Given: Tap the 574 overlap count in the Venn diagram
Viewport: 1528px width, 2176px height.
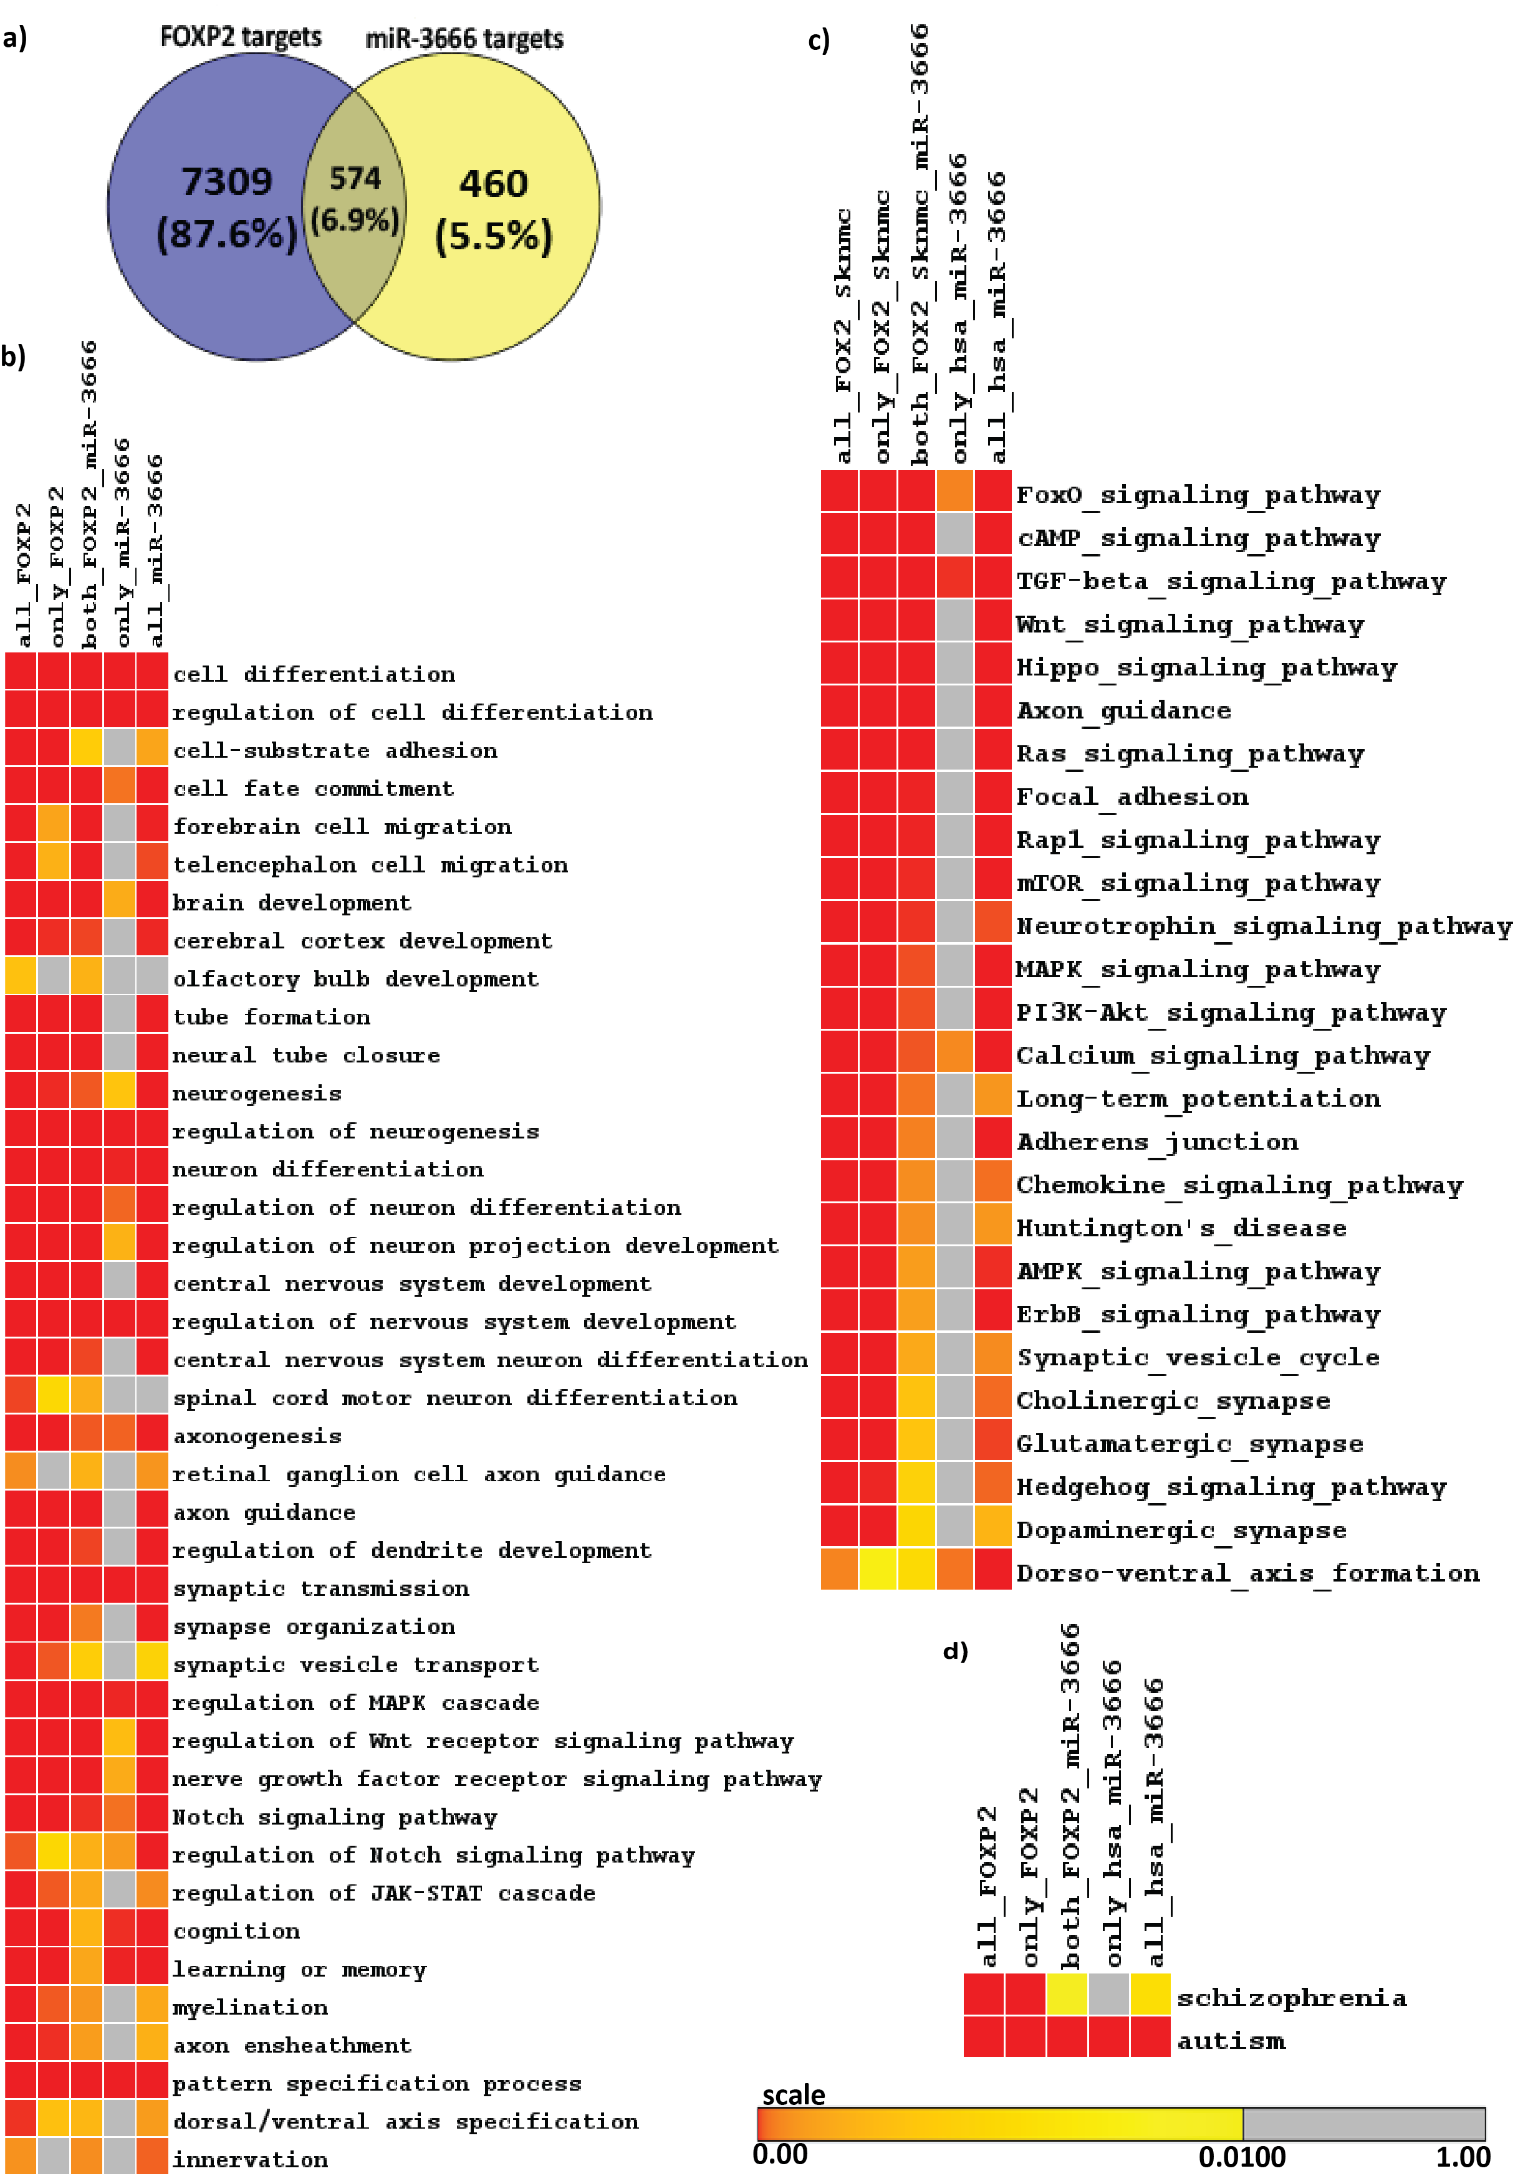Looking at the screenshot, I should pyautogui.click(x=355, y=178).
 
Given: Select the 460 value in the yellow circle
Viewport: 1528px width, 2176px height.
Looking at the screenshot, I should pyautogui.click(x=493, y=183).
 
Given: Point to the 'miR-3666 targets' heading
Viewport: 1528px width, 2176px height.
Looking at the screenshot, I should pyautogui.click(x=464, y=39).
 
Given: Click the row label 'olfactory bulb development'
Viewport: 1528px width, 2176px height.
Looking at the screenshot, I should pyautogui.click(x=355, y=979).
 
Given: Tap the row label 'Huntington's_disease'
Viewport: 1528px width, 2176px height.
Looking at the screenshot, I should pyautogui.click(x=1181, y=1228).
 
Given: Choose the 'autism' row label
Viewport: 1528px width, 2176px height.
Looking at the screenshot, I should pyautogui.click(x=1231, y=2041).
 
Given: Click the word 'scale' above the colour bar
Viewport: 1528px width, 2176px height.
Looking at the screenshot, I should pyautogui.click(x=794, y=2094).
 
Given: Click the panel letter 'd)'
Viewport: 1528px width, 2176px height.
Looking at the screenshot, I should pyautogui.click(x=956, y=1651).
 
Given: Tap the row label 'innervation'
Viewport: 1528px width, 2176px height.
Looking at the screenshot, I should pyautogui.click(x=250, y=2159).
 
